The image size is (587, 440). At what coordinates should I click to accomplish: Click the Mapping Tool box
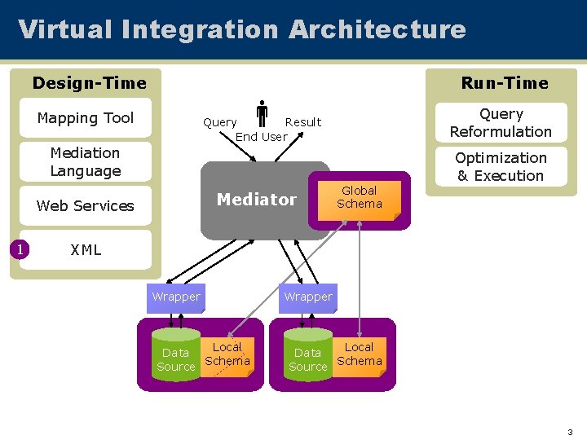[86, 118]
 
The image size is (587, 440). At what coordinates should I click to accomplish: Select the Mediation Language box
[86, 161]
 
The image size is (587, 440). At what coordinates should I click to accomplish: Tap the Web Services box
[86, 206]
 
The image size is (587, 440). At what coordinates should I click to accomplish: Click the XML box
[86, 249]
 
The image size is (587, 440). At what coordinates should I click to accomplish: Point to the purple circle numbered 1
[20, 249]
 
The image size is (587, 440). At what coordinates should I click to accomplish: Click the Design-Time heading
[90, 83]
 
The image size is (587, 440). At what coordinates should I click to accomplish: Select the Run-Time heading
[505, 83]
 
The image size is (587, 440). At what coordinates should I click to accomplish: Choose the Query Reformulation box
[501, 123]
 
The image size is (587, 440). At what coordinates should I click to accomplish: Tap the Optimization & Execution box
[501, 166]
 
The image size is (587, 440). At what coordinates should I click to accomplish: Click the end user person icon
[262, 113]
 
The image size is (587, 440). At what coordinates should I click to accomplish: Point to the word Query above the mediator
[220, 123]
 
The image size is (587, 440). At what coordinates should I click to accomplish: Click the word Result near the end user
[303, 122]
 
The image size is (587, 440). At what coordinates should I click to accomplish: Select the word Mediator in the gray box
[257, 200]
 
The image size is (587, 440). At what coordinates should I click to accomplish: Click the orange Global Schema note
[360, 201]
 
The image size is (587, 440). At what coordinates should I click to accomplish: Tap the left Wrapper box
[176, 298]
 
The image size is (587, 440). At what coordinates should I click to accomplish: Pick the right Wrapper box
[308, 298]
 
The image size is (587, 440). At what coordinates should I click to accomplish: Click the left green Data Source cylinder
[176, 354]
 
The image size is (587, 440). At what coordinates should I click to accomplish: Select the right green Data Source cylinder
[308, 354]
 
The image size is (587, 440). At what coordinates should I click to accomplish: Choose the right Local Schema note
[360, 357]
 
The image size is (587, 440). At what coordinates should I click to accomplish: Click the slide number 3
[570, 432]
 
